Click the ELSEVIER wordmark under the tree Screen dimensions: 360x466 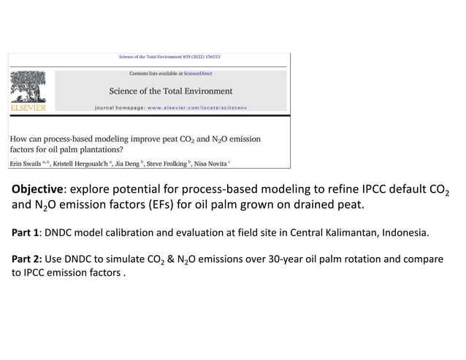pyautogui.click(x=28, y=107)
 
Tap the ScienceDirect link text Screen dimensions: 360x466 pyautogui.click(x=199, y=74)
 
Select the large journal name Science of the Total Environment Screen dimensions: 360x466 pyautogui.click(x=170, y=91)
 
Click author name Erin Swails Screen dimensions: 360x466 pyautogui.click(x=25, y=163)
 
